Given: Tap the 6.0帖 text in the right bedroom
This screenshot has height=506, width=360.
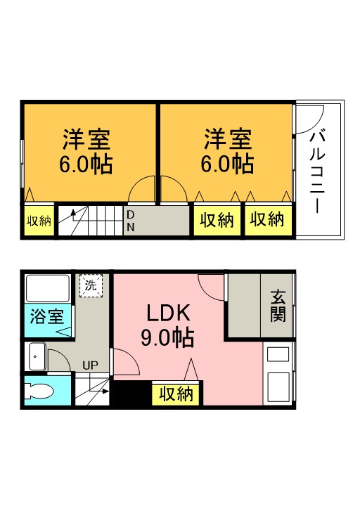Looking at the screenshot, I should (x=228, y=164).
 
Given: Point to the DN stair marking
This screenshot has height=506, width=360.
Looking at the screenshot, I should (x=131, y=220).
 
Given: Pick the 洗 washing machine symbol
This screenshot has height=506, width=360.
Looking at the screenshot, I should (x=90, y=285).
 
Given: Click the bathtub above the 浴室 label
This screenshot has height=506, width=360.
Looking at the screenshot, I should (x=46, y=289).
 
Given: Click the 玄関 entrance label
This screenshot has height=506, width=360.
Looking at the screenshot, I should (x=278, y=306).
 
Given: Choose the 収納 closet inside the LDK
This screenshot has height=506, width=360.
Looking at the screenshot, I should (x=176, y=394).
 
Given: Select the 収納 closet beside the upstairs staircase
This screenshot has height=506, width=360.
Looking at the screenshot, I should (x=39, y=221).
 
